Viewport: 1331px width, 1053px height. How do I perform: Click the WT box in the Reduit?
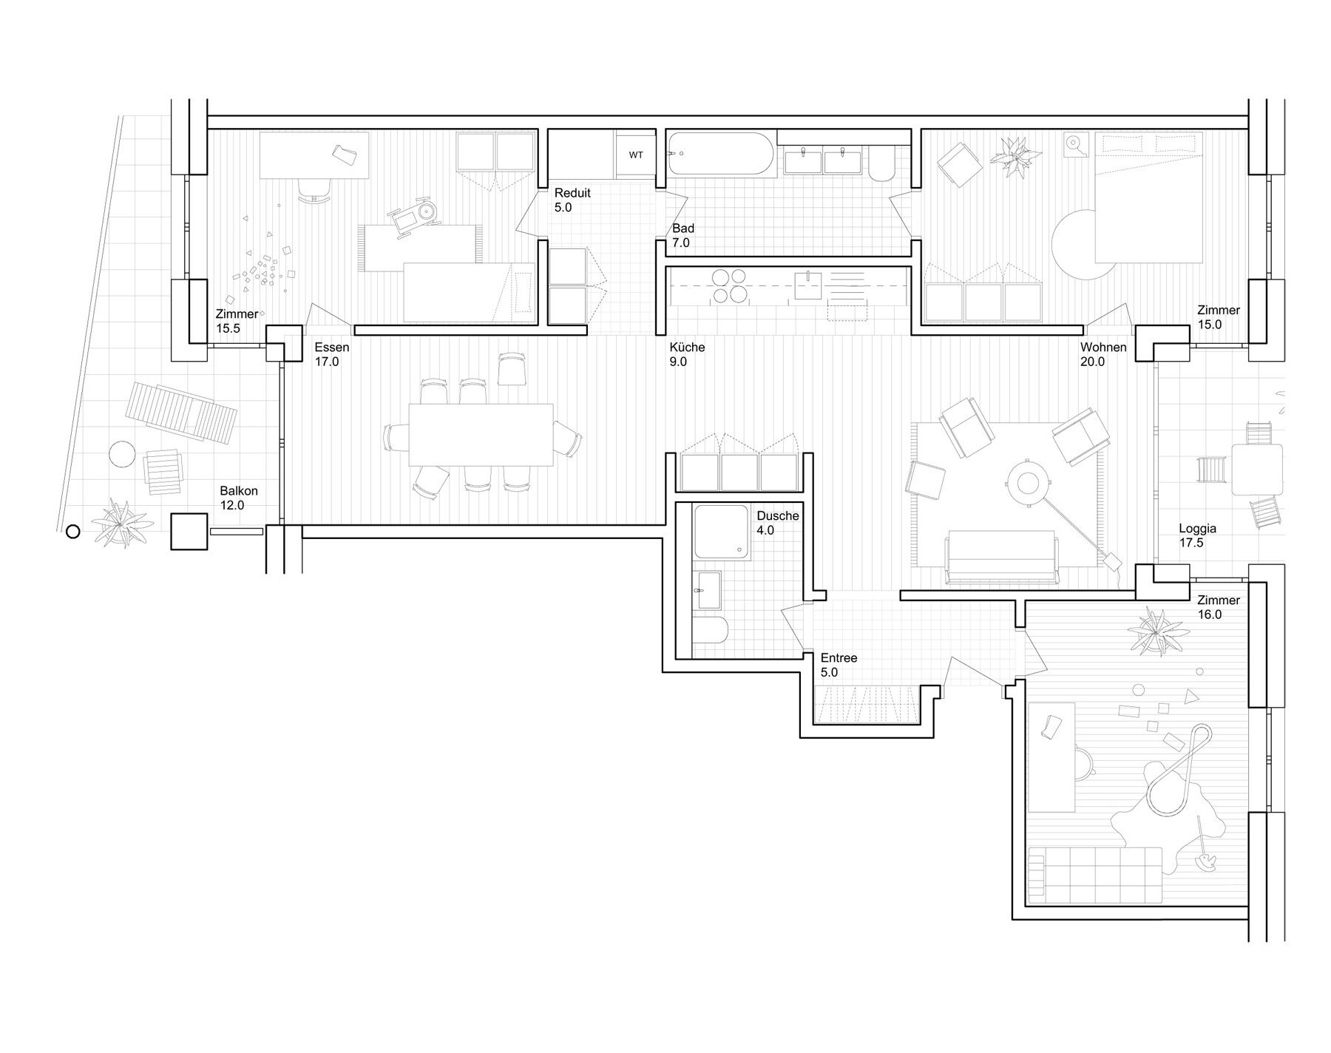(x=636, y=155)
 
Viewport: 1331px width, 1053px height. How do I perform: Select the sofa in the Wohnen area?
(x=1002, y=557)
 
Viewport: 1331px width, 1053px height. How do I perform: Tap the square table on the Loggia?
(x=1257, y=470)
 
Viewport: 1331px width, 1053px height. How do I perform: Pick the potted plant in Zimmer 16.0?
(x=1152, y=631)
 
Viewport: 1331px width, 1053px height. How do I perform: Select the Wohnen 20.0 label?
(x=1103, y=354)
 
